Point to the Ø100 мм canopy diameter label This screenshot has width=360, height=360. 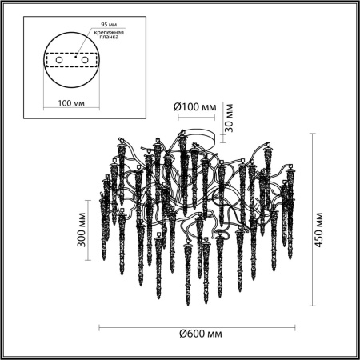coord(195,106)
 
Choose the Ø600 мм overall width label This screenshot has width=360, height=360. coord(199,333)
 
